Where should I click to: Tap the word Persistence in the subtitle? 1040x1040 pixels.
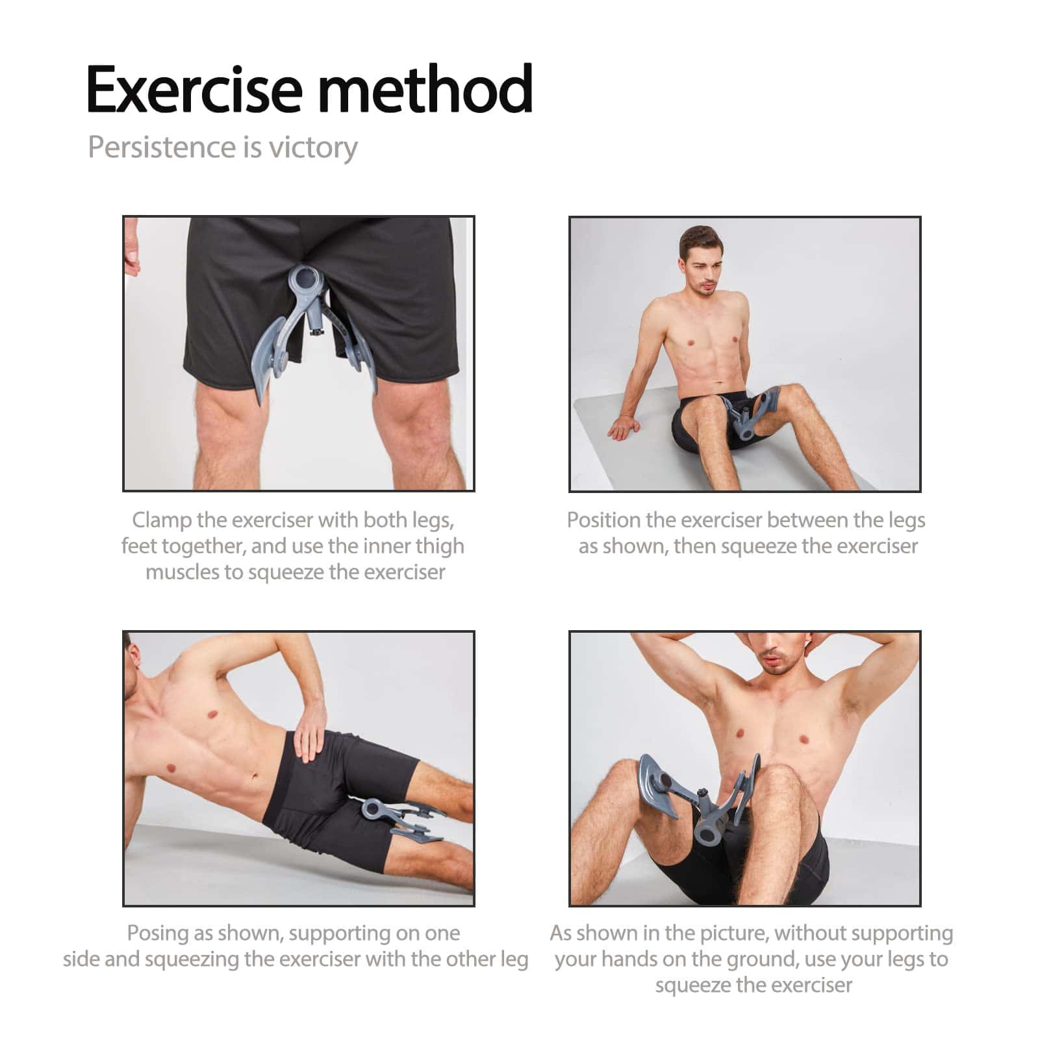click(162, 147)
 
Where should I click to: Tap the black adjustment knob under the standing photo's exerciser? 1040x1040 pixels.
click(318, 333)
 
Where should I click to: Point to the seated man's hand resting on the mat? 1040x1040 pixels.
click(624, 428)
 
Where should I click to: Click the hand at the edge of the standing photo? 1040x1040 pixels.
click(131, 250)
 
